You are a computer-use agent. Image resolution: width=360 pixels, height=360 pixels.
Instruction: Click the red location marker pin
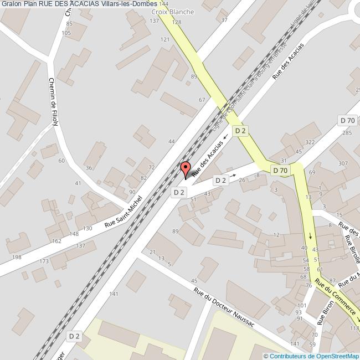click(x=186, y=169)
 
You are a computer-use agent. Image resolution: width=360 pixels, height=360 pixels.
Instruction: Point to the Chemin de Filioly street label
click(x=54, y=101)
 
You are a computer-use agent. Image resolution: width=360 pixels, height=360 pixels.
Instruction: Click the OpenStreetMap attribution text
click(x=311, y=356)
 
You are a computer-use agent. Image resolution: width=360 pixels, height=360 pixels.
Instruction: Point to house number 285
click(x=347, y=133)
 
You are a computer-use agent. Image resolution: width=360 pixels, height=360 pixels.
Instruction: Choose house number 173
click(x=44, y=260)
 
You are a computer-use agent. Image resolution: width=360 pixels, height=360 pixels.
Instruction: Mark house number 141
click(x=114, y=294)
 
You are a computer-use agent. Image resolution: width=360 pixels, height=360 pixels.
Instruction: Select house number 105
click(x=66, y=33)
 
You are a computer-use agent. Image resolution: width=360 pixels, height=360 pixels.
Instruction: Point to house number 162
click(x=56, y=241)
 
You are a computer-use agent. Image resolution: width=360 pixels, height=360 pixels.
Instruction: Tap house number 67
click(x=202, y=100)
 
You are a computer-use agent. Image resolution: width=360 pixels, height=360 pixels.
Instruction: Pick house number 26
click(x=241, y=180)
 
